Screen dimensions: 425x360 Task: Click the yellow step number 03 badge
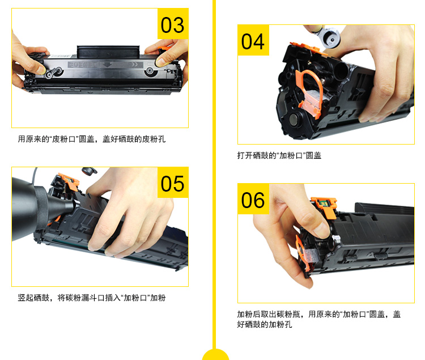pos(173,24)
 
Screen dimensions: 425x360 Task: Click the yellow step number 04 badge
pos(253,40)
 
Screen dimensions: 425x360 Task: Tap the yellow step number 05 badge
pos(173,183)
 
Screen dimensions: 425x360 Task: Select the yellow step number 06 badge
pos(253,198)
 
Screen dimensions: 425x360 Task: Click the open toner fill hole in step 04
pos(341,71)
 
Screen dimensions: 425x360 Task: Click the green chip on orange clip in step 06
pos(324,204)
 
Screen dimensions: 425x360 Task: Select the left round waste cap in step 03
pos(49,74)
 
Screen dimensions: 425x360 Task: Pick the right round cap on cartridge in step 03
pos(150,71)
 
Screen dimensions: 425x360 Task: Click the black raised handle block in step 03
pos(108,52)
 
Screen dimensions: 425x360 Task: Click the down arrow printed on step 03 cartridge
pos(108,65)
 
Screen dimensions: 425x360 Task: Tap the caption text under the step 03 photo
pos(92,139)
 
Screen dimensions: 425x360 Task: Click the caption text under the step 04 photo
pos(279,155)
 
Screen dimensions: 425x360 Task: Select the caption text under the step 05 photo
pos(92,298)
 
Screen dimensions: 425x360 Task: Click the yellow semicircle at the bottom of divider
pos(215,354)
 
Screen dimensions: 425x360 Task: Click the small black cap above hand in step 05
pos(89,171)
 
